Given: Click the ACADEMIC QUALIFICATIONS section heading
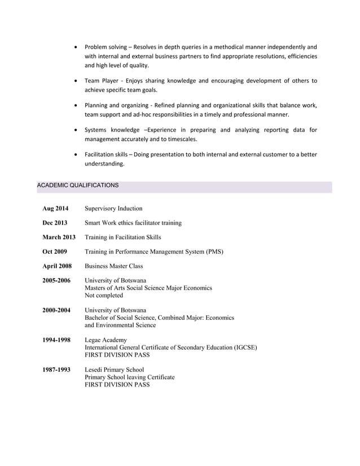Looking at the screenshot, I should (77, 185).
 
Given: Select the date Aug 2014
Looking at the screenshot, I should (55, 208).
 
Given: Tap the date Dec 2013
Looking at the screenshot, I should (55, 223).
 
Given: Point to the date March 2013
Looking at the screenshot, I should (59, 238).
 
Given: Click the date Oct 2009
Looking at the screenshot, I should (55, 252).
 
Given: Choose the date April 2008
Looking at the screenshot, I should (57, 266).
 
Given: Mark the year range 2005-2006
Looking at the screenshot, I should (56, 280).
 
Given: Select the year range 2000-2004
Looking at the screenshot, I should (56, 310).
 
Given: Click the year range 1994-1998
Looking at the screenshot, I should (56, 340).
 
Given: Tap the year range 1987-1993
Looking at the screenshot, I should (56, 370).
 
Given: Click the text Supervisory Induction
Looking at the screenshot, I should (113, 208).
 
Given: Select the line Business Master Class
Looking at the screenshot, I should (113, 266).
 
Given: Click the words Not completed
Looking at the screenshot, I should (104, 295).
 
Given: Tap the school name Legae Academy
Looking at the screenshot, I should (106, 340).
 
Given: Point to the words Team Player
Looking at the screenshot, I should (101, 81).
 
